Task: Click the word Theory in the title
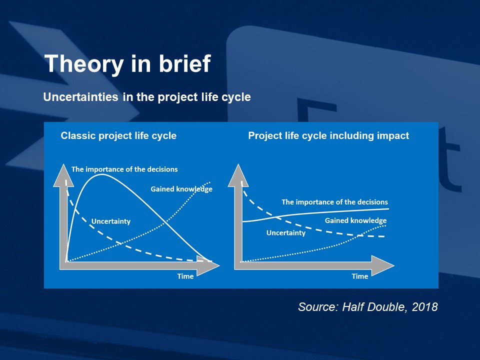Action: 84,64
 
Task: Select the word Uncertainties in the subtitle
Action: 81,97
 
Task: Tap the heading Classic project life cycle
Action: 118,135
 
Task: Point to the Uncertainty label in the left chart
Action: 111,221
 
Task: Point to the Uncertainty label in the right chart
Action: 286,233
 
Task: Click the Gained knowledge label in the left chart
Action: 181,189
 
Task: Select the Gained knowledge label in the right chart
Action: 355,220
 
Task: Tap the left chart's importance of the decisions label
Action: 124,169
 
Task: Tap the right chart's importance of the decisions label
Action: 334,202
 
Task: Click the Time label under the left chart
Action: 185,276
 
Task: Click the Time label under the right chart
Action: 360,276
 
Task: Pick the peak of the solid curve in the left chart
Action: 102,174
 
